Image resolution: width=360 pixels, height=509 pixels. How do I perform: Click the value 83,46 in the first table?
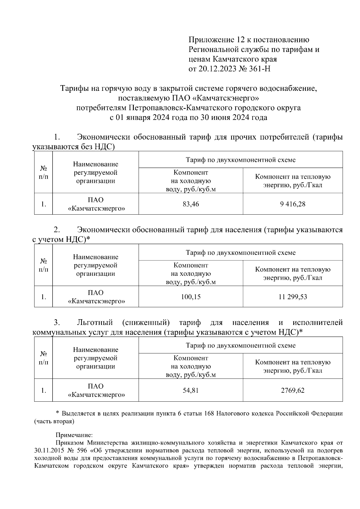pos(191,204)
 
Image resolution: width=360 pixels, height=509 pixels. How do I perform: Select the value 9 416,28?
pos(293,204)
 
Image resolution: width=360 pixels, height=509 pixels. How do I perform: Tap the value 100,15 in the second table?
pos(191,297)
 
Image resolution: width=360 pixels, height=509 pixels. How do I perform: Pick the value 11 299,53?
pos(293,297)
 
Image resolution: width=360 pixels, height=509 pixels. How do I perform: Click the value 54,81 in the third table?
pos(191,390)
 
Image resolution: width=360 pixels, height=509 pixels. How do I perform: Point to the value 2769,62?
pos(293,390)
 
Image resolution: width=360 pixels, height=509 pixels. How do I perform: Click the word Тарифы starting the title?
pos(73,89)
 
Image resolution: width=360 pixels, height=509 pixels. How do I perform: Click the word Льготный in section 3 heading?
pos(95,323)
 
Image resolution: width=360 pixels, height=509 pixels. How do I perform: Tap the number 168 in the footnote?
pos(208,414)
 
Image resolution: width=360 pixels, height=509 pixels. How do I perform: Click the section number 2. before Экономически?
pos(57,230)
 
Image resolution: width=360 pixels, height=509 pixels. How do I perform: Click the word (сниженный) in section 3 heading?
pos(146,323)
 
